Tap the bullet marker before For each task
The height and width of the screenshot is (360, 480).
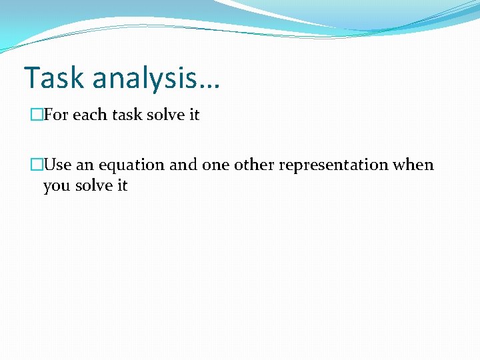[x=36, y=115]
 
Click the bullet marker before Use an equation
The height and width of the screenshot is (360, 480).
[x=36, y=165]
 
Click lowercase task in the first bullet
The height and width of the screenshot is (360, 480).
[x=126, y=115]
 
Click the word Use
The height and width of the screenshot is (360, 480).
[x=57, y=165]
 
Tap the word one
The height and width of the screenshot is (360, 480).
[x=215, y=165]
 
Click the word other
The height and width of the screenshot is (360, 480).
[x=254, y=165]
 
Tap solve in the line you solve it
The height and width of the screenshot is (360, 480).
[x=93, y=185]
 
